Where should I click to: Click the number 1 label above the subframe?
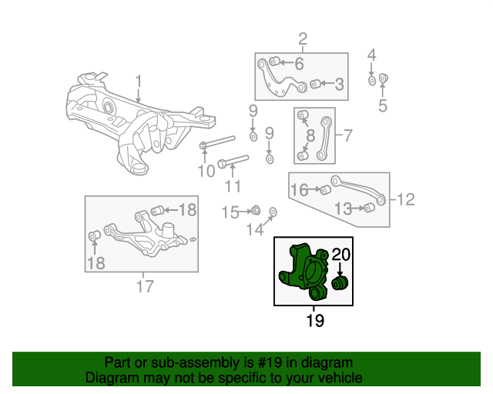click(139, 81)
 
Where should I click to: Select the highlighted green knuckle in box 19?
click(304, 272)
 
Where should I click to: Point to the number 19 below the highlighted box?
click(314, 320)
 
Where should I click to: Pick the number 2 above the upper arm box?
click(303, 39)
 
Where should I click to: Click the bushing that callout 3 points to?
click(315, 84)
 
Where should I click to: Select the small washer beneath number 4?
click(371, 80)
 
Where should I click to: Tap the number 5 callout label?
click(383, 105)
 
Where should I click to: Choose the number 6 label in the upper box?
click(299, 63)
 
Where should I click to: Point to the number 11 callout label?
click(232, 185)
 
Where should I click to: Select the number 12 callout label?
click(405, 199)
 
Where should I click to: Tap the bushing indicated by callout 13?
click(368, 209)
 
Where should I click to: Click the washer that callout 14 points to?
click(273, 212)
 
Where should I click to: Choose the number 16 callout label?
click(299, 189)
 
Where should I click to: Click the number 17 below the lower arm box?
click(144, 287)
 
